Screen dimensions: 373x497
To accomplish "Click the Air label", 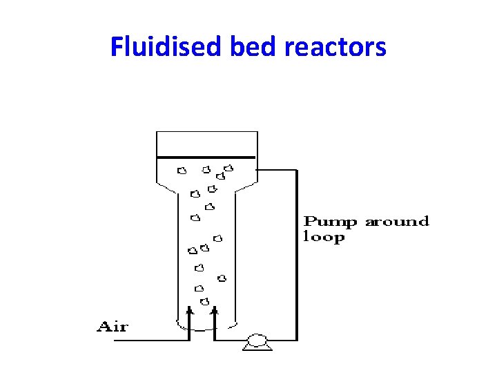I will point(112,327).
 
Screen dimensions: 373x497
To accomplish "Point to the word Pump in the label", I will point(331,222).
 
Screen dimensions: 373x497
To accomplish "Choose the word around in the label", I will point(397,222).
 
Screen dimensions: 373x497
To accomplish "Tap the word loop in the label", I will point(324,238).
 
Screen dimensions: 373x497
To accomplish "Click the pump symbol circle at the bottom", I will point(256,339).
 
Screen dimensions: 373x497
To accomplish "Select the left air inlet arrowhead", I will point(190,312).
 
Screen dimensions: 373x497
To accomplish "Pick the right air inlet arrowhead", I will point(215,312).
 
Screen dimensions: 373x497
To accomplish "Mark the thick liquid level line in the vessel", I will point(207,157).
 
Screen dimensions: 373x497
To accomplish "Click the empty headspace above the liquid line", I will point(207,144).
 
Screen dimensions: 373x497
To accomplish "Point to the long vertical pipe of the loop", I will point(296,256).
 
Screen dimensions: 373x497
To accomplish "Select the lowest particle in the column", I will point(204,301).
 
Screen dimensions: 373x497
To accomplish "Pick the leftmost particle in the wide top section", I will point(182,170).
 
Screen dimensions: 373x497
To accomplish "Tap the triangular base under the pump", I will point(256,347).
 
